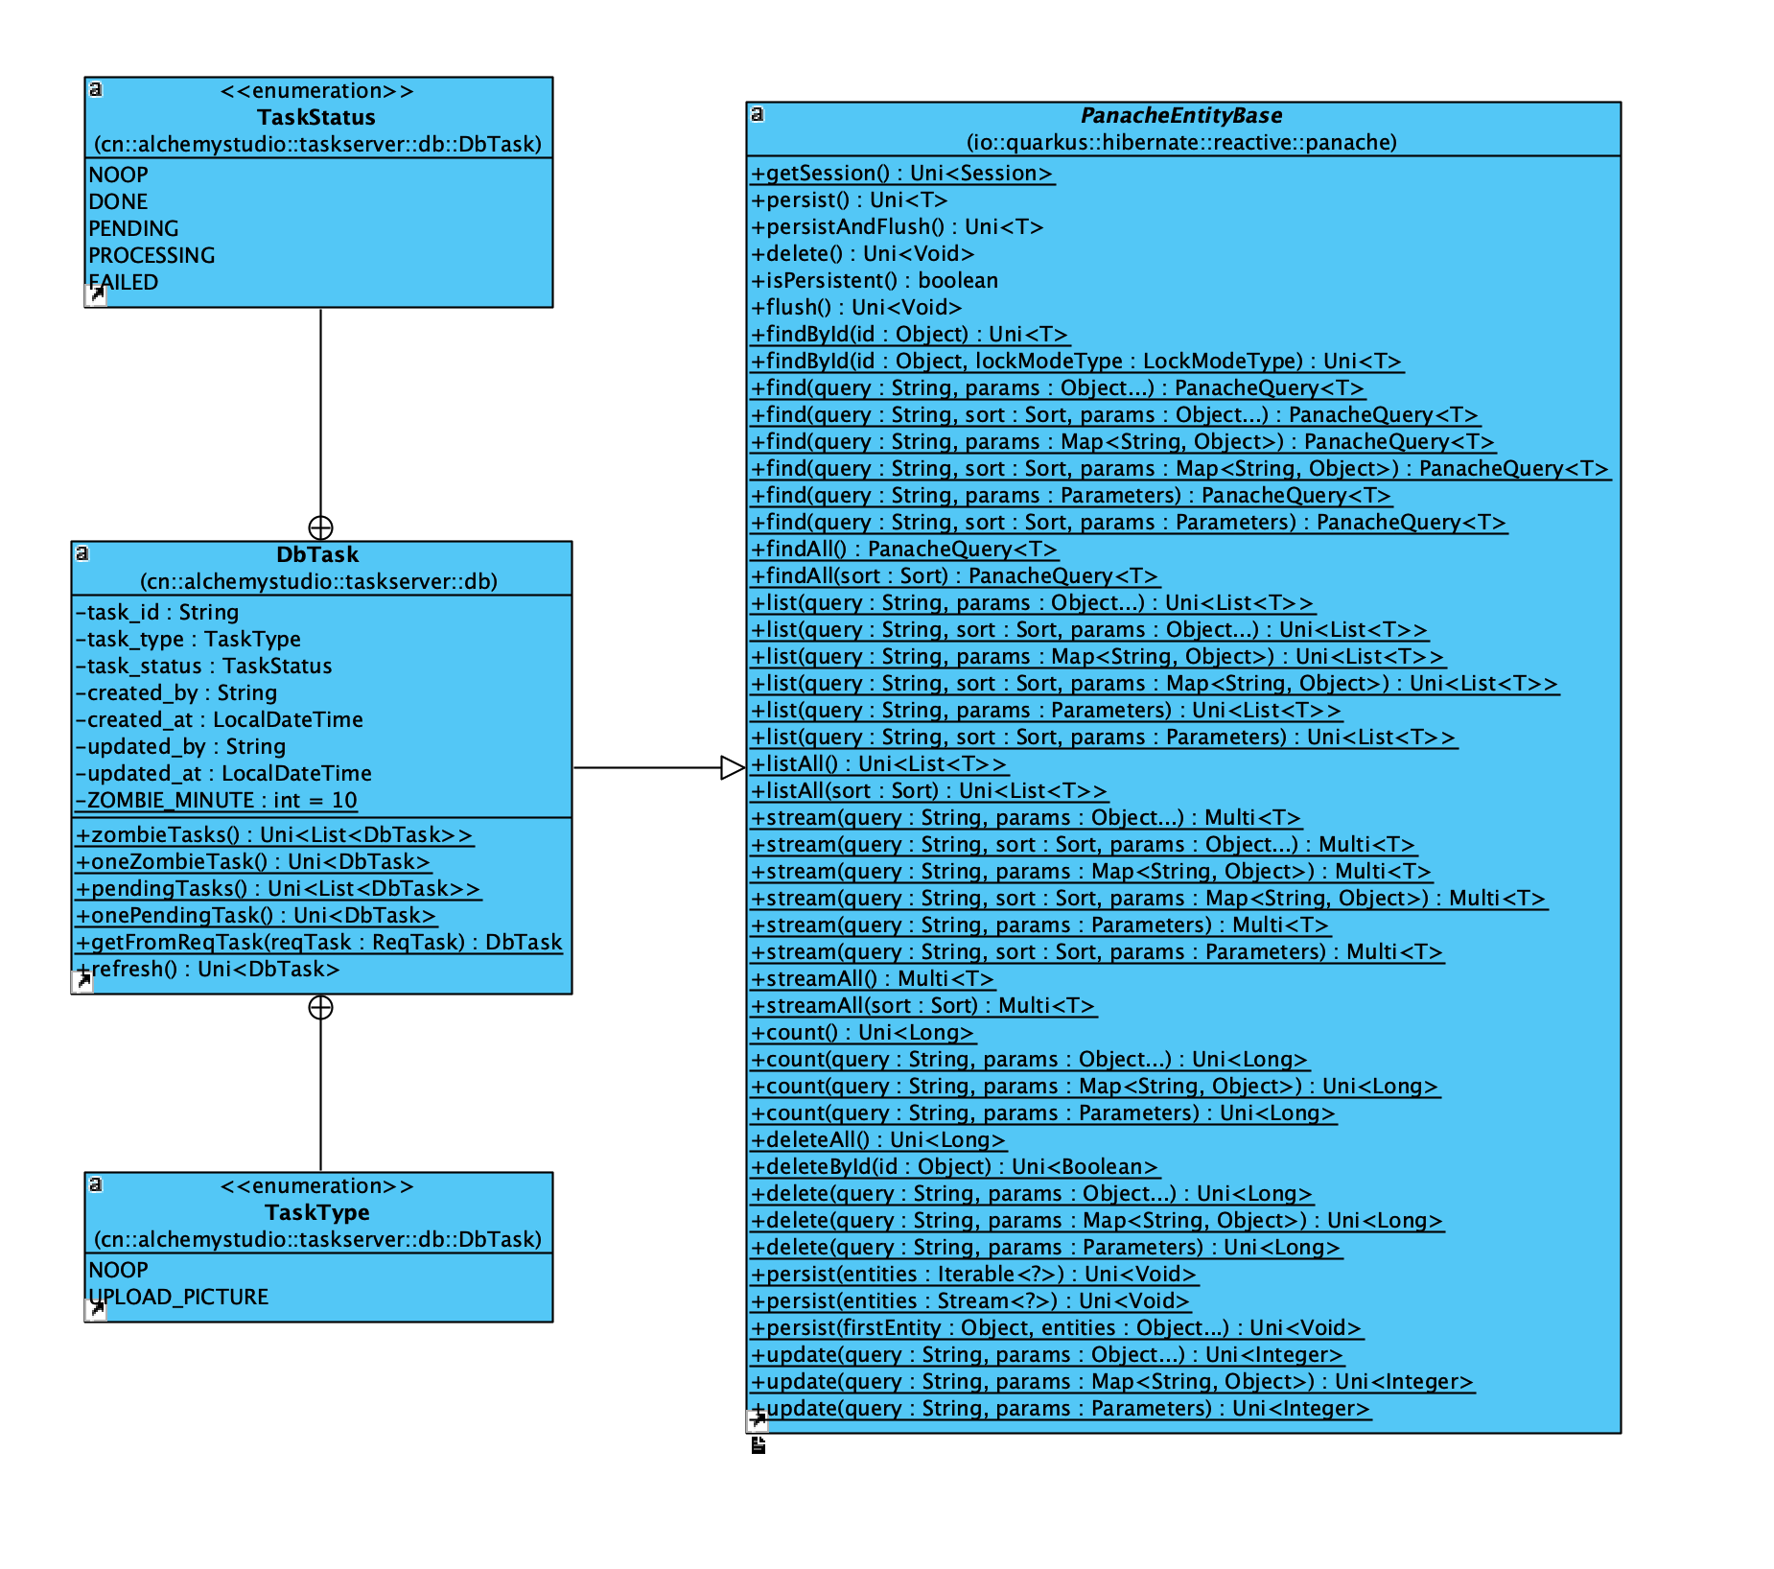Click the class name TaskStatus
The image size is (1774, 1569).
coord(316,117)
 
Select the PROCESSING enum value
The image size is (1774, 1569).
coord(152,255)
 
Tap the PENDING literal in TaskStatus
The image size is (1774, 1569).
coord(133,228)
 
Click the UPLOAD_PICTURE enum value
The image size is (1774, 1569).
coord(178,1297)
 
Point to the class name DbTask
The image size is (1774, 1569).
coord(317,554)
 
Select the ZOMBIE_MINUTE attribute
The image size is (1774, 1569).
coord(217,800)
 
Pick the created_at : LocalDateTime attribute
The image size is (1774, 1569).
coord(221,719)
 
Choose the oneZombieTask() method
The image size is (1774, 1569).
coord(253,861)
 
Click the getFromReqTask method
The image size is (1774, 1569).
coord(319,942)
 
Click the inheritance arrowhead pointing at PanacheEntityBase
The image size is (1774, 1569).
coord(733,767)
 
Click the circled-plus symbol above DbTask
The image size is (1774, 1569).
coord(320,527)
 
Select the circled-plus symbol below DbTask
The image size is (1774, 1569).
coord(320,1007)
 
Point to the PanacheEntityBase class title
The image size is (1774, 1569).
coord(1181,115)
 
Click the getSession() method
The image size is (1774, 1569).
coord(901,173)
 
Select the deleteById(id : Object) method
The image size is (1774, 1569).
coord(955,1166)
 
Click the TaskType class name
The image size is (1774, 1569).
coord(316,1212)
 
